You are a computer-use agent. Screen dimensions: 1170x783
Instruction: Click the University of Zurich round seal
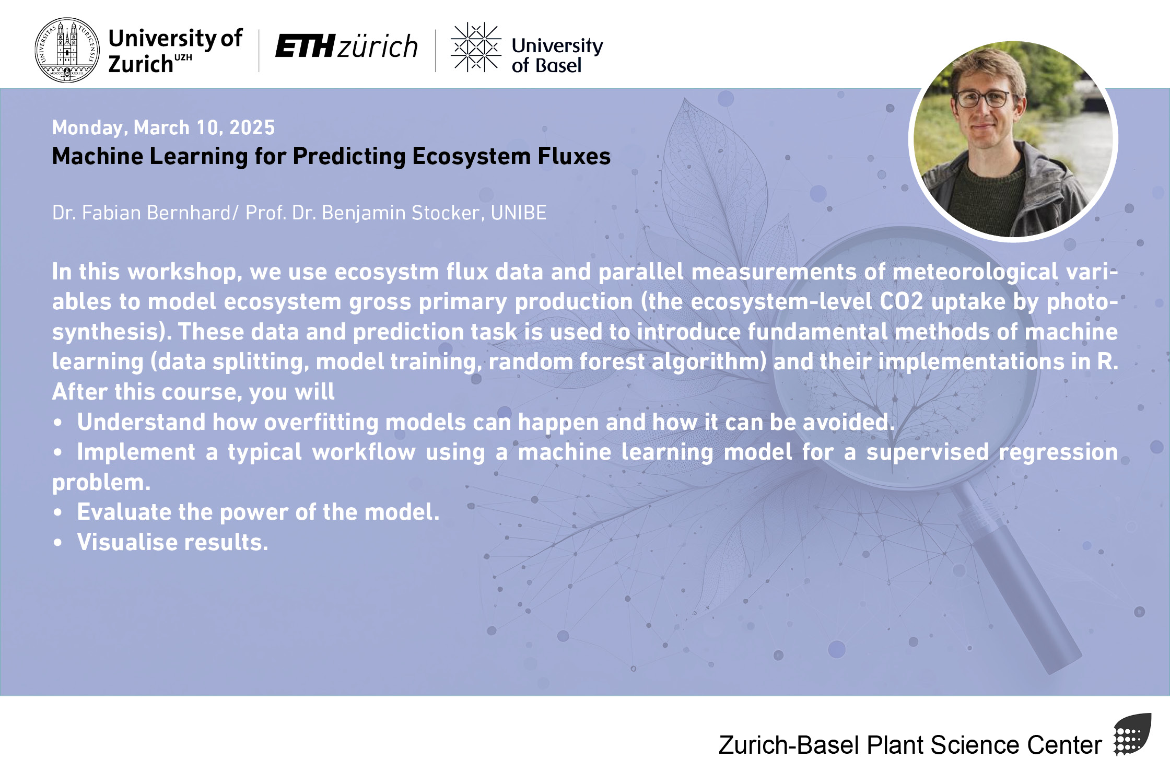67,50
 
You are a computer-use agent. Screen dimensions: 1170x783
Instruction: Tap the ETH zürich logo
346,46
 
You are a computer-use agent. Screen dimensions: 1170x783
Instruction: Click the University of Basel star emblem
476,47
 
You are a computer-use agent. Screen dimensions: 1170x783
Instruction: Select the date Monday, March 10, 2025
163,127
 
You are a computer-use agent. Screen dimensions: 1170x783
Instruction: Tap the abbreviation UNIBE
519,213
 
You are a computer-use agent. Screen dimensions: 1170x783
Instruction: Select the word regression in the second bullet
1058,452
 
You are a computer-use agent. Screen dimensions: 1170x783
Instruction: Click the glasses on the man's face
984,99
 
